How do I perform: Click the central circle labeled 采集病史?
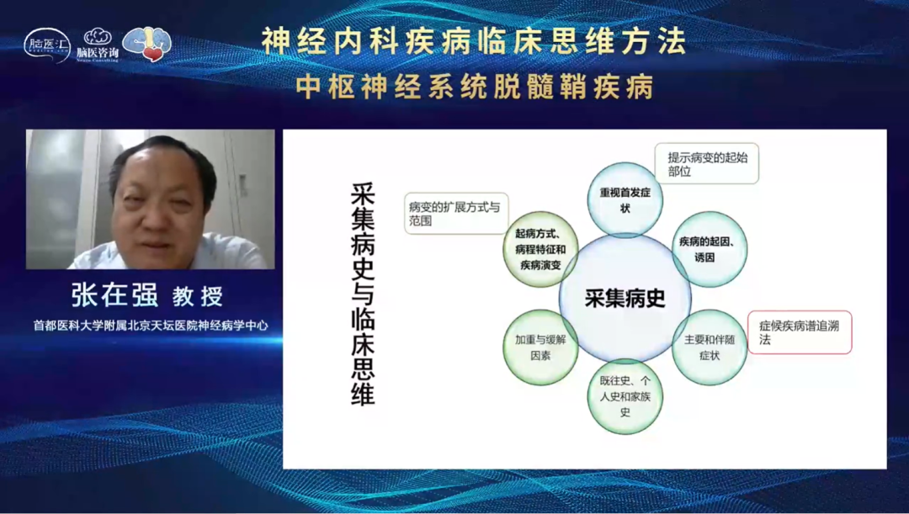[625, 299]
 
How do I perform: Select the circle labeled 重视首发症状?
[625, 199]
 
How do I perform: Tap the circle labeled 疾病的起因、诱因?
[710, 249]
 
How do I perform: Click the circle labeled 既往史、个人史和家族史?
[625, 396]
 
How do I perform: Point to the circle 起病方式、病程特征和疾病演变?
[540, 249]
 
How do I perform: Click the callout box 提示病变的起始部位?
[707, 163]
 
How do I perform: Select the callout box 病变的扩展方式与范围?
[455, 213]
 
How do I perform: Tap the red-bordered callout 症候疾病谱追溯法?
[800, 332]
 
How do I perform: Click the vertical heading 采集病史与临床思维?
[363, 294]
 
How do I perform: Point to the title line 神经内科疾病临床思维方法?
[473, 42]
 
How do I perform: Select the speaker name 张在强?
[114, 295]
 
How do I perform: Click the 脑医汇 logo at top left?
[47, 45]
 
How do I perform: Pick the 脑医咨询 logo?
[98, 45]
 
